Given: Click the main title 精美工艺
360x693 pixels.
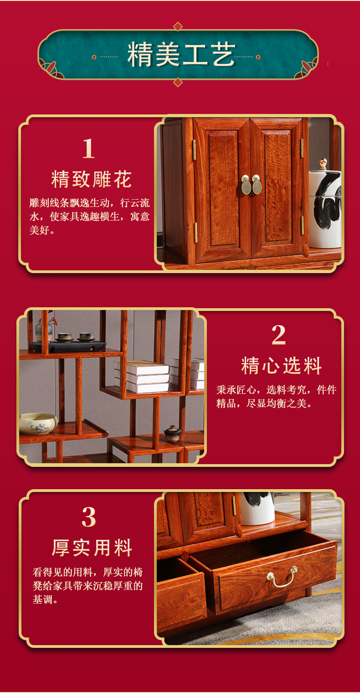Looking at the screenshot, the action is click(x=181, y=55).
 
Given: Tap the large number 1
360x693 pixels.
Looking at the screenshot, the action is click(x=88, y=149).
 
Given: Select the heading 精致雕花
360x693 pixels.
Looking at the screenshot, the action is click(x=92, y=179).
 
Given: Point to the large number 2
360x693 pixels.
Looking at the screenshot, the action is click(x=279, y=335).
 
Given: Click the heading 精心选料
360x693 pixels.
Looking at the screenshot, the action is click(x=282, y=366).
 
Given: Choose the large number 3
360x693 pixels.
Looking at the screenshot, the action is click(x=89, y=517).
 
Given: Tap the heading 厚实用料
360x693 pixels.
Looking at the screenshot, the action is click(x=92, y=548).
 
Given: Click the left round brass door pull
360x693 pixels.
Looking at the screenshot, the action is click(x=246, y=185).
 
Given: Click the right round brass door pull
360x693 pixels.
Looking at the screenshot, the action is click(x=257, y=184).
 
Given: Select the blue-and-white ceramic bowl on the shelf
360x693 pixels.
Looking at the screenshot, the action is click(x=38, y=423).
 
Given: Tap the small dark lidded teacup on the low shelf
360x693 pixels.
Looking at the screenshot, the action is click(x=172, y=433).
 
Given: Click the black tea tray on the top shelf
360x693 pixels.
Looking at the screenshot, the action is click(x=68, y=346).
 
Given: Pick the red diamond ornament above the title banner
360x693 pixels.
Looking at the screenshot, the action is click(x=178, y=26).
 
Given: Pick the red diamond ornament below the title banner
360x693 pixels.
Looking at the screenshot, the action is click(x=178, y=82).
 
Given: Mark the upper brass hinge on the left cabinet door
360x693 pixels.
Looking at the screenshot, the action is click(x=194, y=150).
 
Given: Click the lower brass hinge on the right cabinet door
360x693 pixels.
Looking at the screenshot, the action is click(x=303, y=225).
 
